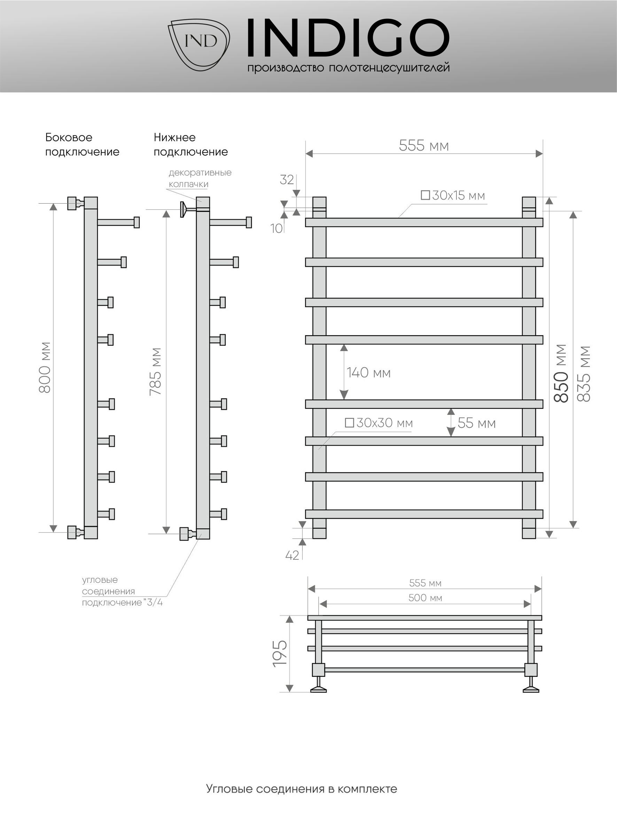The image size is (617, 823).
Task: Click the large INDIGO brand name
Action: tap(348, 39)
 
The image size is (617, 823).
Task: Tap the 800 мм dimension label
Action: tap(45, 367)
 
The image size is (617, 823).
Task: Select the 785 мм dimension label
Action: tap(155, 371)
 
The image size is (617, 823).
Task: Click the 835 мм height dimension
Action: tap(584, 373)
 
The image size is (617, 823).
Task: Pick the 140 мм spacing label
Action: tap(368, 373)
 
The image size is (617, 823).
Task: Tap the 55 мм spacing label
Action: tap(476, 423)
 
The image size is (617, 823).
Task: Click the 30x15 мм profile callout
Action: tap(453, 196)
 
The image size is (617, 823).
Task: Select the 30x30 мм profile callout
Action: tap(379, 423)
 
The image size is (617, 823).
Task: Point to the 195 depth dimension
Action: tap(280, 653)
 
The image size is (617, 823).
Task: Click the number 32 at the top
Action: tap(287, 180)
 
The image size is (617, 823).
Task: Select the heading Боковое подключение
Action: tap(82, 144)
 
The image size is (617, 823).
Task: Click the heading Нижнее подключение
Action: tap(190, 144)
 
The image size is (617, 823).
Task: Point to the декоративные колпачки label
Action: tap(200, 178)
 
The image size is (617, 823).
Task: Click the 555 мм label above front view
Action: tap(423, 146)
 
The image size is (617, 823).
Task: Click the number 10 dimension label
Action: tap(276, 228)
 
